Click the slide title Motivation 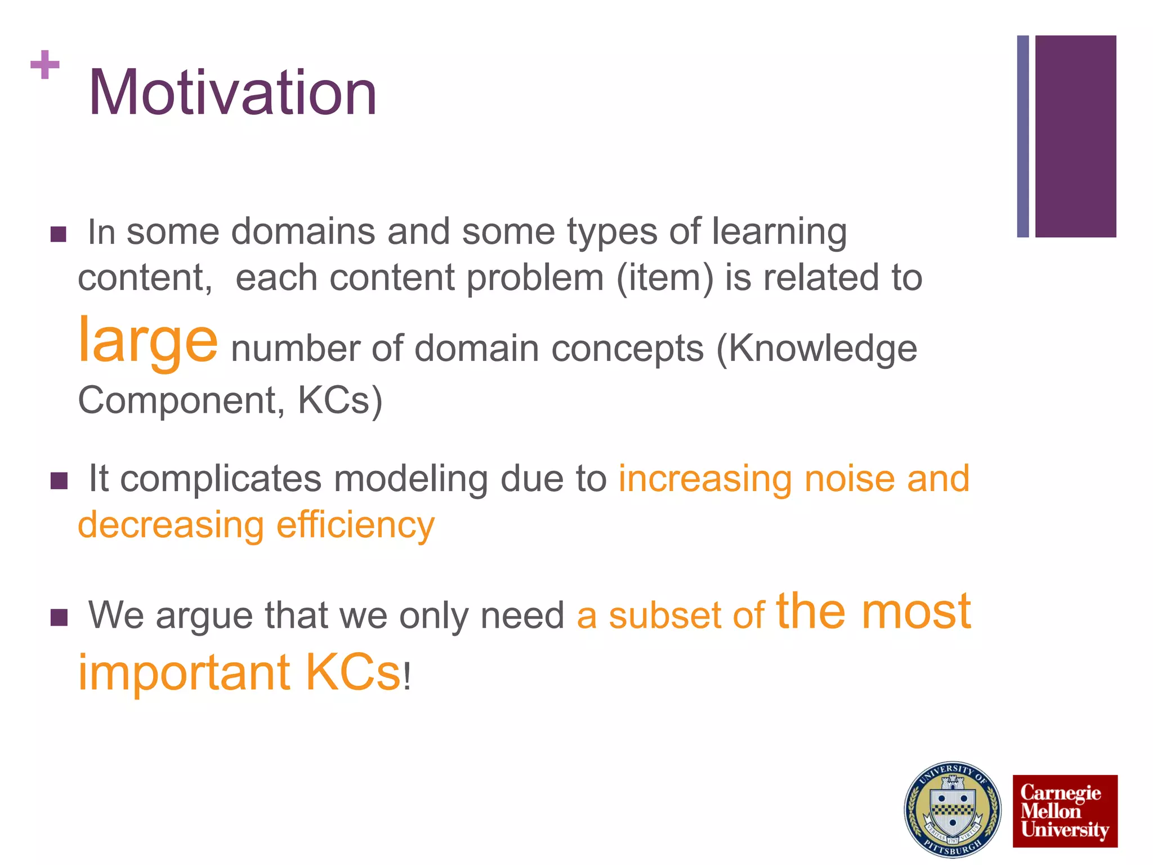tap(233, 93)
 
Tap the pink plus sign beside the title tap(45, 65)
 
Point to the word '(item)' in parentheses tap(665, 278)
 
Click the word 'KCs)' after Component tap(340, 400)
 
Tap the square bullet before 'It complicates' tap(59, 481)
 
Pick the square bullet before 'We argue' tap(59, 617)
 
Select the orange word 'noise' tap(850, 479)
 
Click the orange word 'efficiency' tap(355, 525)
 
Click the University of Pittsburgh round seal tap(952, 809)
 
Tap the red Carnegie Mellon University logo tap(1065, 811)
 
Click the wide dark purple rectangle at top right tap(1075, 136)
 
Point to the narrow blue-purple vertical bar tap(1022, 136)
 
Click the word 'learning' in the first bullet tap(779, 233)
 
